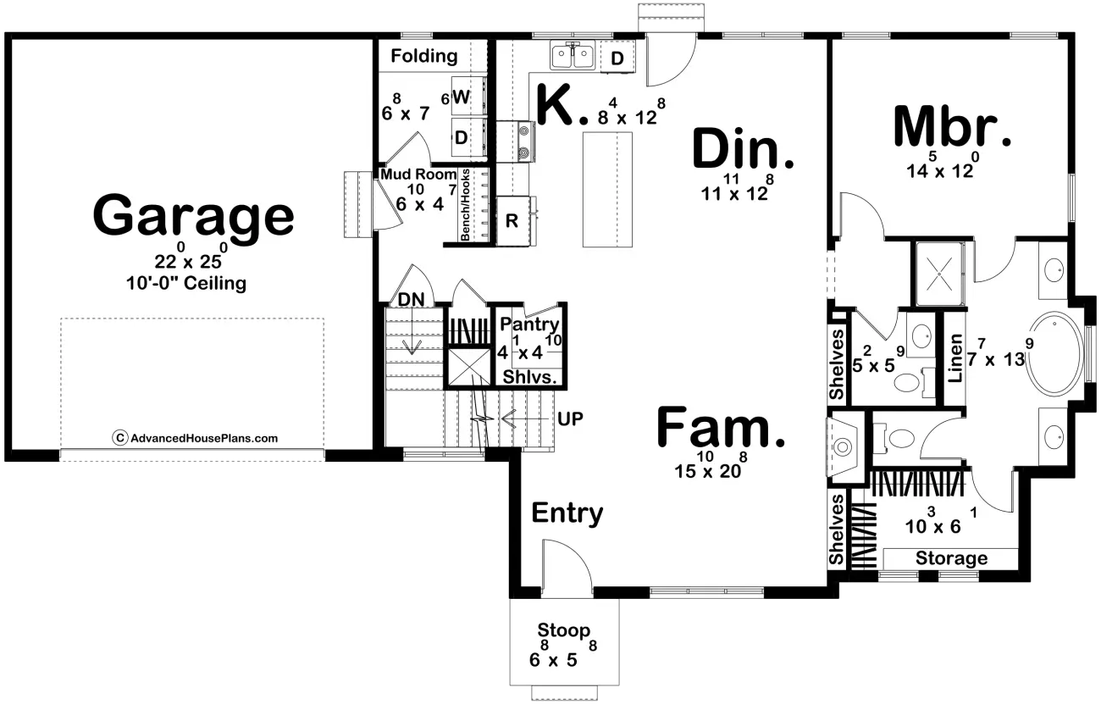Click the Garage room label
click(x=193, y=217)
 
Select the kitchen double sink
click(x=573, y=56)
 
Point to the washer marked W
click(x=462, y=97)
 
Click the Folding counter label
click(x=424, y=56)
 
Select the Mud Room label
click(x=418, y=175)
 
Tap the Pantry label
click(x=529, y=324)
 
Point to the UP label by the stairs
click(x=570, y=419)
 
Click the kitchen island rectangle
click(x=607, y=190)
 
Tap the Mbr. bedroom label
click(x=953, y=128)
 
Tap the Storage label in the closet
click(x=951, y=558)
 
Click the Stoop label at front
click(x=564, y=630)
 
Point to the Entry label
click(x=567, y=513)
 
